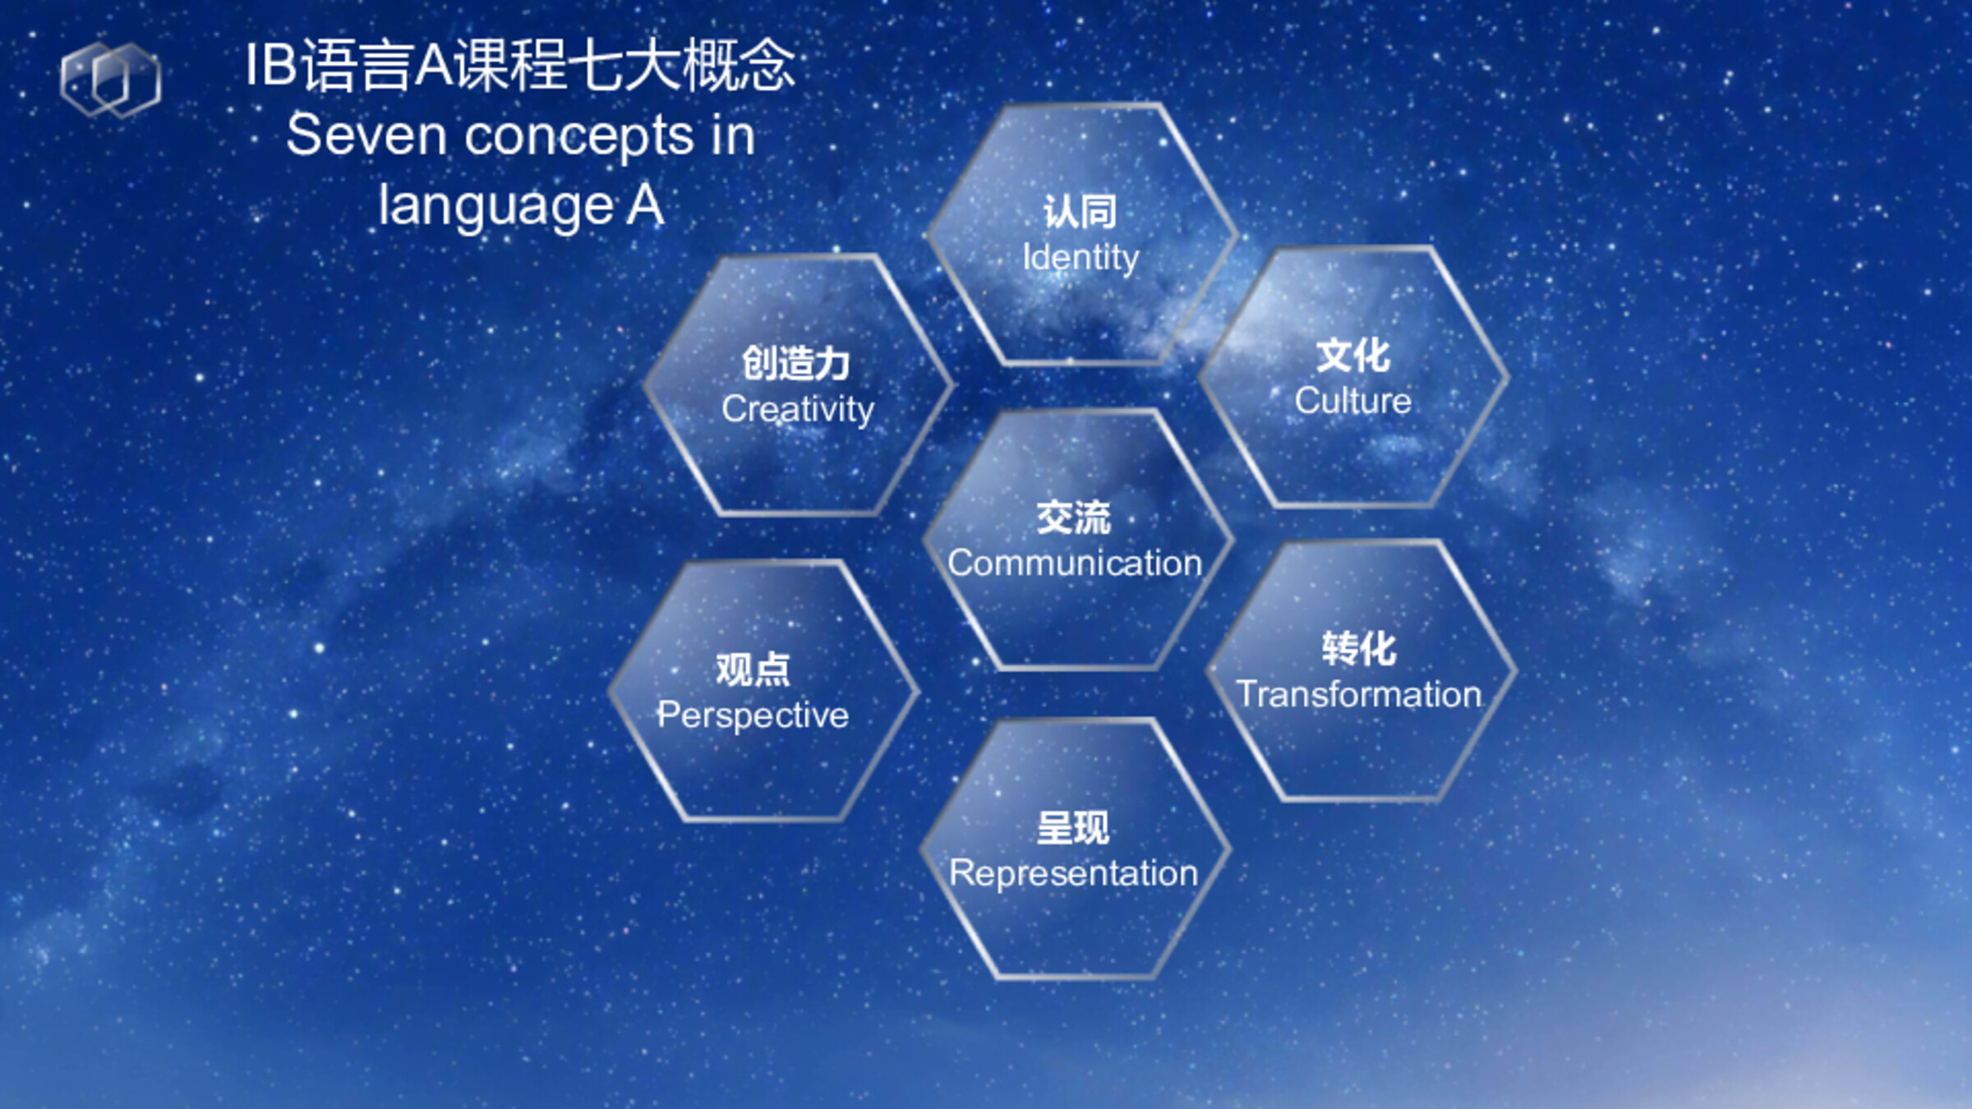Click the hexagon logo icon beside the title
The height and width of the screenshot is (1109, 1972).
[x=111, y=80]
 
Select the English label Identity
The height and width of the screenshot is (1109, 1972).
[x=1080, y=258]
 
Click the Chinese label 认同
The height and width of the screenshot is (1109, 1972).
[x=1080, y=212]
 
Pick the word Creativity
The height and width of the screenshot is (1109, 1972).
[x=798, y=409]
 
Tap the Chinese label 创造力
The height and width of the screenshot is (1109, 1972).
[x=796, y=363]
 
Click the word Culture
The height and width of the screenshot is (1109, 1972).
[x=1353, y=401]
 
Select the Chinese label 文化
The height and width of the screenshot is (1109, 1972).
[x=1353, y=356]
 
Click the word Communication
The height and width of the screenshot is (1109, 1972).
[x=1075, y=564]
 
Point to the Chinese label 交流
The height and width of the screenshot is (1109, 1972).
[x=1074, y=518]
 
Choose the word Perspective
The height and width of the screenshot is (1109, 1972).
[x=753, y=715]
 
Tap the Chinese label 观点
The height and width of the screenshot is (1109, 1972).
[x=753, y=670]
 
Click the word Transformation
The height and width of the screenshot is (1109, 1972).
[x=1359, y=694]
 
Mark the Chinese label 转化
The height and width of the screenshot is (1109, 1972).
[x=1359, y=649]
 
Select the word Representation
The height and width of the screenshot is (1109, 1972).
[x=1074, y=873]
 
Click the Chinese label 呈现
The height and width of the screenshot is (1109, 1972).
[x=1073, y=828]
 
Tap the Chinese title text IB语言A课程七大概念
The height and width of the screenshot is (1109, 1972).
[x=521, y=65]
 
